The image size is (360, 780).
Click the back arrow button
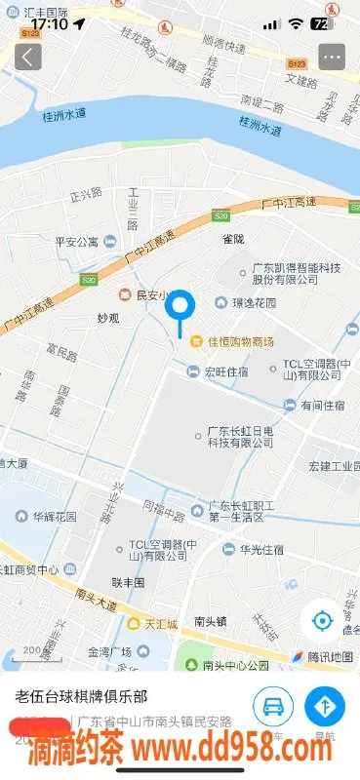27,57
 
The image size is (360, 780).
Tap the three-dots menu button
333,57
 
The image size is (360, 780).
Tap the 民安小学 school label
145,294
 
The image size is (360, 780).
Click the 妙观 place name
107,318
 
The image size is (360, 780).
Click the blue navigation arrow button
324,706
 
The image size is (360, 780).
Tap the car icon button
274,706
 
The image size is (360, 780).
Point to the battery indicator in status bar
323,23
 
